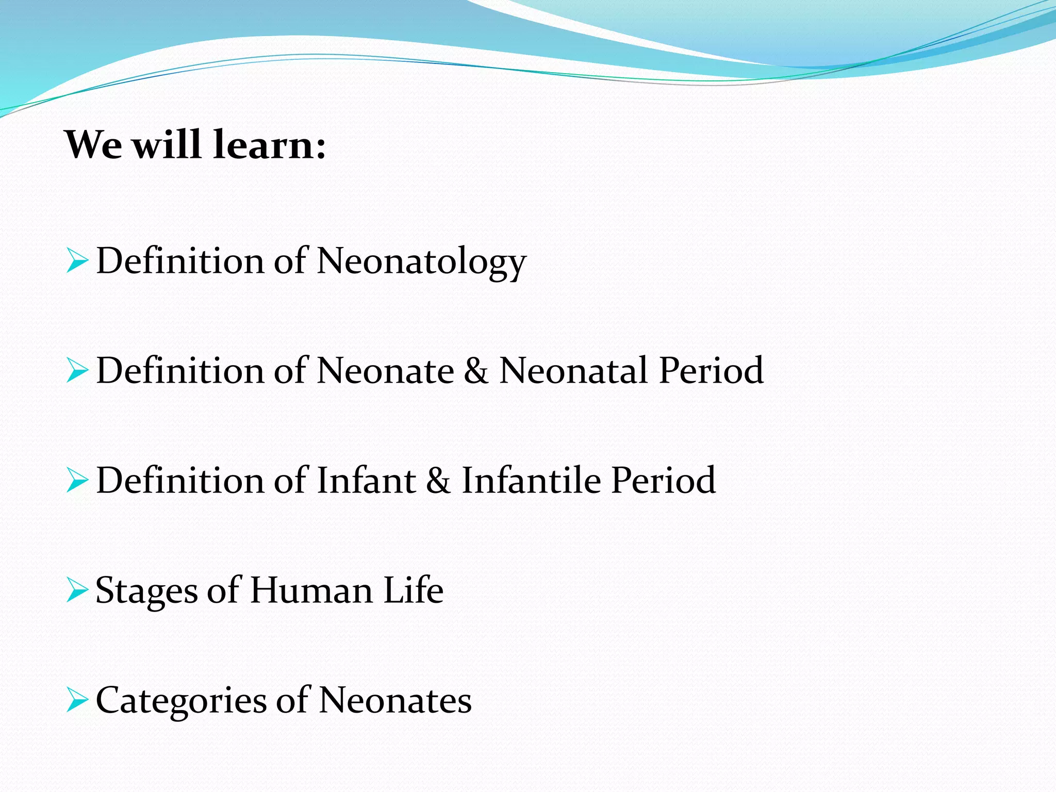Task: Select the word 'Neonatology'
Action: (421, 261)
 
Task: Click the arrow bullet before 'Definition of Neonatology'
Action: (77, 260)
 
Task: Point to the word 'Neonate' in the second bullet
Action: (385, 371)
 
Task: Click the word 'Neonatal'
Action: (573, 371)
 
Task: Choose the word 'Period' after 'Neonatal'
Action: (711, 371)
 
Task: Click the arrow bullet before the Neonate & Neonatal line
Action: (77, 371)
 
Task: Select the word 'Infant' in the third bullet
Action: (366, 481)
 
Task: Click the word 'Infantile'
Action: (531, 481)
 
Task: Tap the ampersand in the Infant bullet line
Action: (438, 481)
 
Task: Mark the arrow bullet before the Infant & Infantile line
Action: (77, 481)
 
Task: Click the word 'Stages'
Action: (146, 591)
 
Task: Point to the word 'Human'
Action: (311, 590)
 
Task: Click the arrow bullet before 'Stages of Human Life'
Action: (77, 590)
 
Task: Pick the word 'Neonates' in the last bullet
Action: (395, 700)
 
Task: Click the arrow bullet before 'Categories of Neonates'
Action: (77, 700)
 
